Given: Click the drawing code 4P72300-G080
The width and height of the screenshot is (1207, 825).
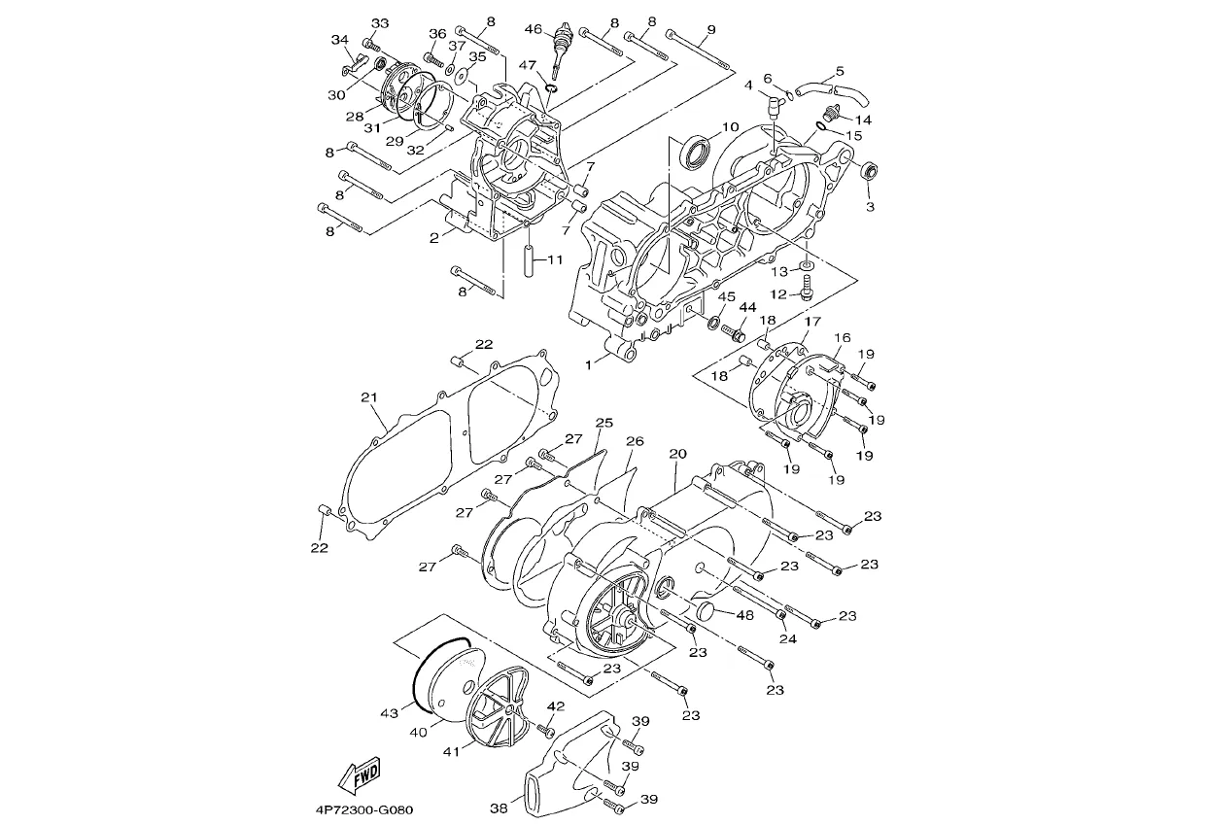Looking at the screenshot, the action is (x=364, y=809).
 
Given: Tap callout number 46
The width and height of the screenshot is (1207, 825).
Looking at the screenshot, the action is (x=533, y=28).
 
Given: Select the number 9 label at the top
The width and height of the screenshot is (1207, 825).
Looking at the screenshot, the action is (x=710, y=29).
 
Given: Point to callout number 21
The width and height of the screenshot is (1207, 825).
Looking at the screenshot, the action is (x=369, y=397).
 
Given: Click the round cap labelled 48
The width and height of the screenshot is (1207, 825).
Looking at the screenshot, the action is (x=705, y=611).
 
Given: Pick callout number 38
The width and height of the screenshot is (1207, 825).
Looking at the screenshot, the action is (x=499, y=808).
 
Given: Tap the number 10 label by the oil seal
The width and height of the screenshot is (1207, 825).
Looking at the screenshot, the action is (x=730, y=127).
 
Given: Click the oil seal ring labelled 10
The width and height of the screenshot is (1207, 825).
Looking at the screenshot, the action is (x=696, y=154).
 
